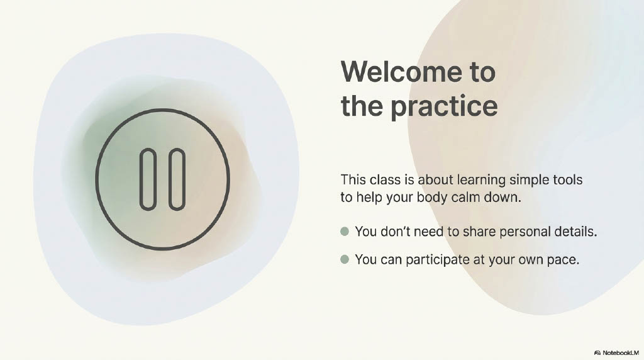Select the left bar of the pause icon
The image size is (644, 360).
pyautogui.click(x=148, y=179)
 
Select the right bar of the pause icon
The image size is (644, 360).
pyautogui.click(x=177, y=179)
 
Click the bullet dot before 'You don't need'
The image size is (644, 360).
pyautogui.click(x=345, y=232)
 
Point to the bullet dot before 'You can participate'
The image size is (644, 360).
pyautogui.click(x=345, y=259)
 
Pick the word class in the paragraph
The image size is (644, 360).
pyautogui.click(x=384, y=179)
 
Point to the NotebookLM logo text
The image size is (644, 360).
pyautogui.click(x=621, y=352)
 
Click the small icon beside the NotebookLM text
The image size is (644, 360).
pyautogui.click(x=597, y=352)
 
